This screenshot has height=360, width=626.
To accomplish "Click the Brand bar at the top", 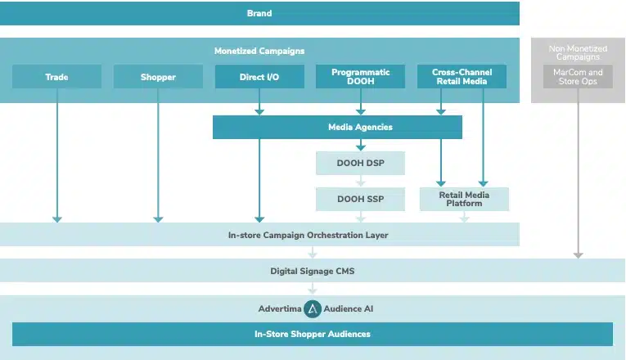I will coord(259,13).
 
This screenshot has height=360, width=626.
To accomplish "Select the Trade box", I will coord(56,77).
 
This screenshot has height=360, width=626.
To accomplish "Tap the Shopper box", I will coord(158,77).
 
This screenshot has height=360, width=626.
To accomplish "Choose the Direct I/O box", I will coord(259,77).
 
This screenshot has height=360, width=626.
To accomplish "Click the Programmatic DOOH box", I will coord(361,77).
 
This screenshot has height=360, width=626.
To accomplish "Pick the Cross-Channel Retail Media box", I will coord(462,77).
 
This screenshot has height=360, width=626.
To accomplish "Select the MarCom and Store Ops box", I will coord(578,77).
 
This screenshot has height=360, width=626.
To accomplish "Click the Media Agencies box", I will coord(337,127).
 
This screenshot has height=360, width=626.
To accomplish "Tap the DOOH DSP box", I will coord(361,164).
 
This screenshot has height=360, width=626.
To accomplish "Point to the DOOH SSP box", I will coord(361,199).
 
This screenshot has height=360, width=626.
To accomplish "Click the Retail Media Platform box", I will coord(464,199).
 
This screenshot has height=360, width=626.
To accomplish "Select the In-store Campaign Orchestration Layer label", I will coord(308,235).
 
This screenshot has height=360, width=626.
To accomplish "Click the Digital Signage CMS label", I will coord(312,271).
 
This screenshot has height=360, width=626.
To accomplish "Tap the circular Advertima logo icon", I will coord(312,309).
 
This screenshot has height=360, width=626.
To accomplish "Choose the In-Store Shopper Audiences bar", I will coord(312,334).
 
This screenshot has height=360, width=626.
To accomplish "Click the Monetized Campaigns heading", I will coord(259,51).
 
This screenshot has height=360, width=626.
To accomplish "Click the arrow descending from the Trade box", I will coord(56,155).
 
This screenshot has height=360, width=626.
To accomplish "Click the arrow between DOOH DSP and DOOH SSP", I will coord(361,181).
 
